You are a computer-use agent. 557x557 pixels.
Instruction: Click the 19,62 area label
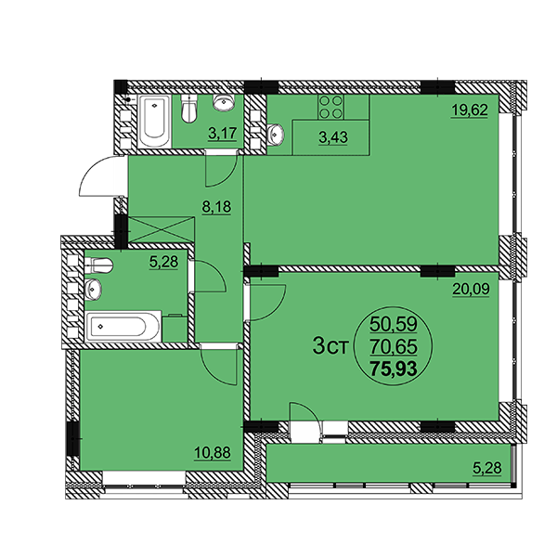pyautogui.click(x=469, y=110)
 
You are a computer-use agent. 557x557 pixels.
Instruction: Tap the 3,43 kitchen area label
pyautogui.click(x=333, y=137)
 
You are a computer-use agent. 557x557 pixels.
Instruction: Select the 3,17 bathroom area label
pyautogui.click(x=223, y=134)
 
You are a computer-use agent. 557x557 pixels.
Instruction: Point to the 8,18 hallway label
pyautogui.click(x=216, y=207)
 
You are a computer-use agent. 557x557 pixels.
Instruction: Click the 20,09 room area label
pyautogui.click(x=471, y=290)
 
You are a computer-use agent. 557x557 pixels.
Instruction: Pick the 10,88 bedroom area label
pyautogui.click(x=213, y=453)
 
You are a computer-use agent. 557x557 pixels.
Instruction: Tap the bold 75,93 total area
pyautogui.click(x=394, y=369)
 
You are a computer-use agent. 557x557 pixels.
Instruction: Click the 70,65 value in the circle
pyautogui.click(x=394, y=346)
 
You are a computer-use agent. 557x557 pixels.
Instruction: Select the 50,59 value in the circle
pyautogui.click(x=394, y=324)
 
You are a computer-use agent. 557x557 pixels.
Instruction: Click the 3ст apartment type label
pyautogui.click(x=330, y=347)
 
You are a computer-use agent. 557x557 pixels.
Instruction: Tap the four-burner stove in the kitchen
pyautogui.click(x=330, y=107)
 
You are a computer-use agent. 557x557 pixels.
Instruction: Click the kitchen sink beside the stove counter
pyautogui.click(x=276, y=135)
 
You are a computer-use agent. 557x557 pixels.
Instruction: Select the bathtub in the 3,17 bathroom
pyautogui.click(x=154, y=122)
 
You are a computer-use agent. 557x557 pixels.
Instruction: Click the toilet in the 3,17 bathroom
pyautogui.click(x=189, y=109)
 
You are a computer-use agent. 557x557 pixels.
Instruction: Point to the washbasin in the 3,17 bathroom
pyautogui.click(x=224, y=102)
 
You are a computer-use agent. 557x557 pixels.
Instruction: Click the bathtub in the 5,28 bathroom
pyautogui.click(x=123, y=327)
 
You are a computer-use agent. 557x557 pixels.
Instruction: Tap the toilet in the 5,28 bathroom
pyautogui.click(x=98, y=265)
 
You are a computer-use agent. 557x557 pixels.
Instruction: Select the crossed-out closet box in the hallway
pyautogui.click(x=161, y=229)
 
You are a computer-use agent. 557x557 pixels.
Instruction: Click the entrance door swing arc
pyautogui.click(x=93, y=175)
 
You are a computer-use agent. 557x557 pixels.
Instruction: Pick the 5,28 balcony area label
pyautogui.click(x=487, y=468)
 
